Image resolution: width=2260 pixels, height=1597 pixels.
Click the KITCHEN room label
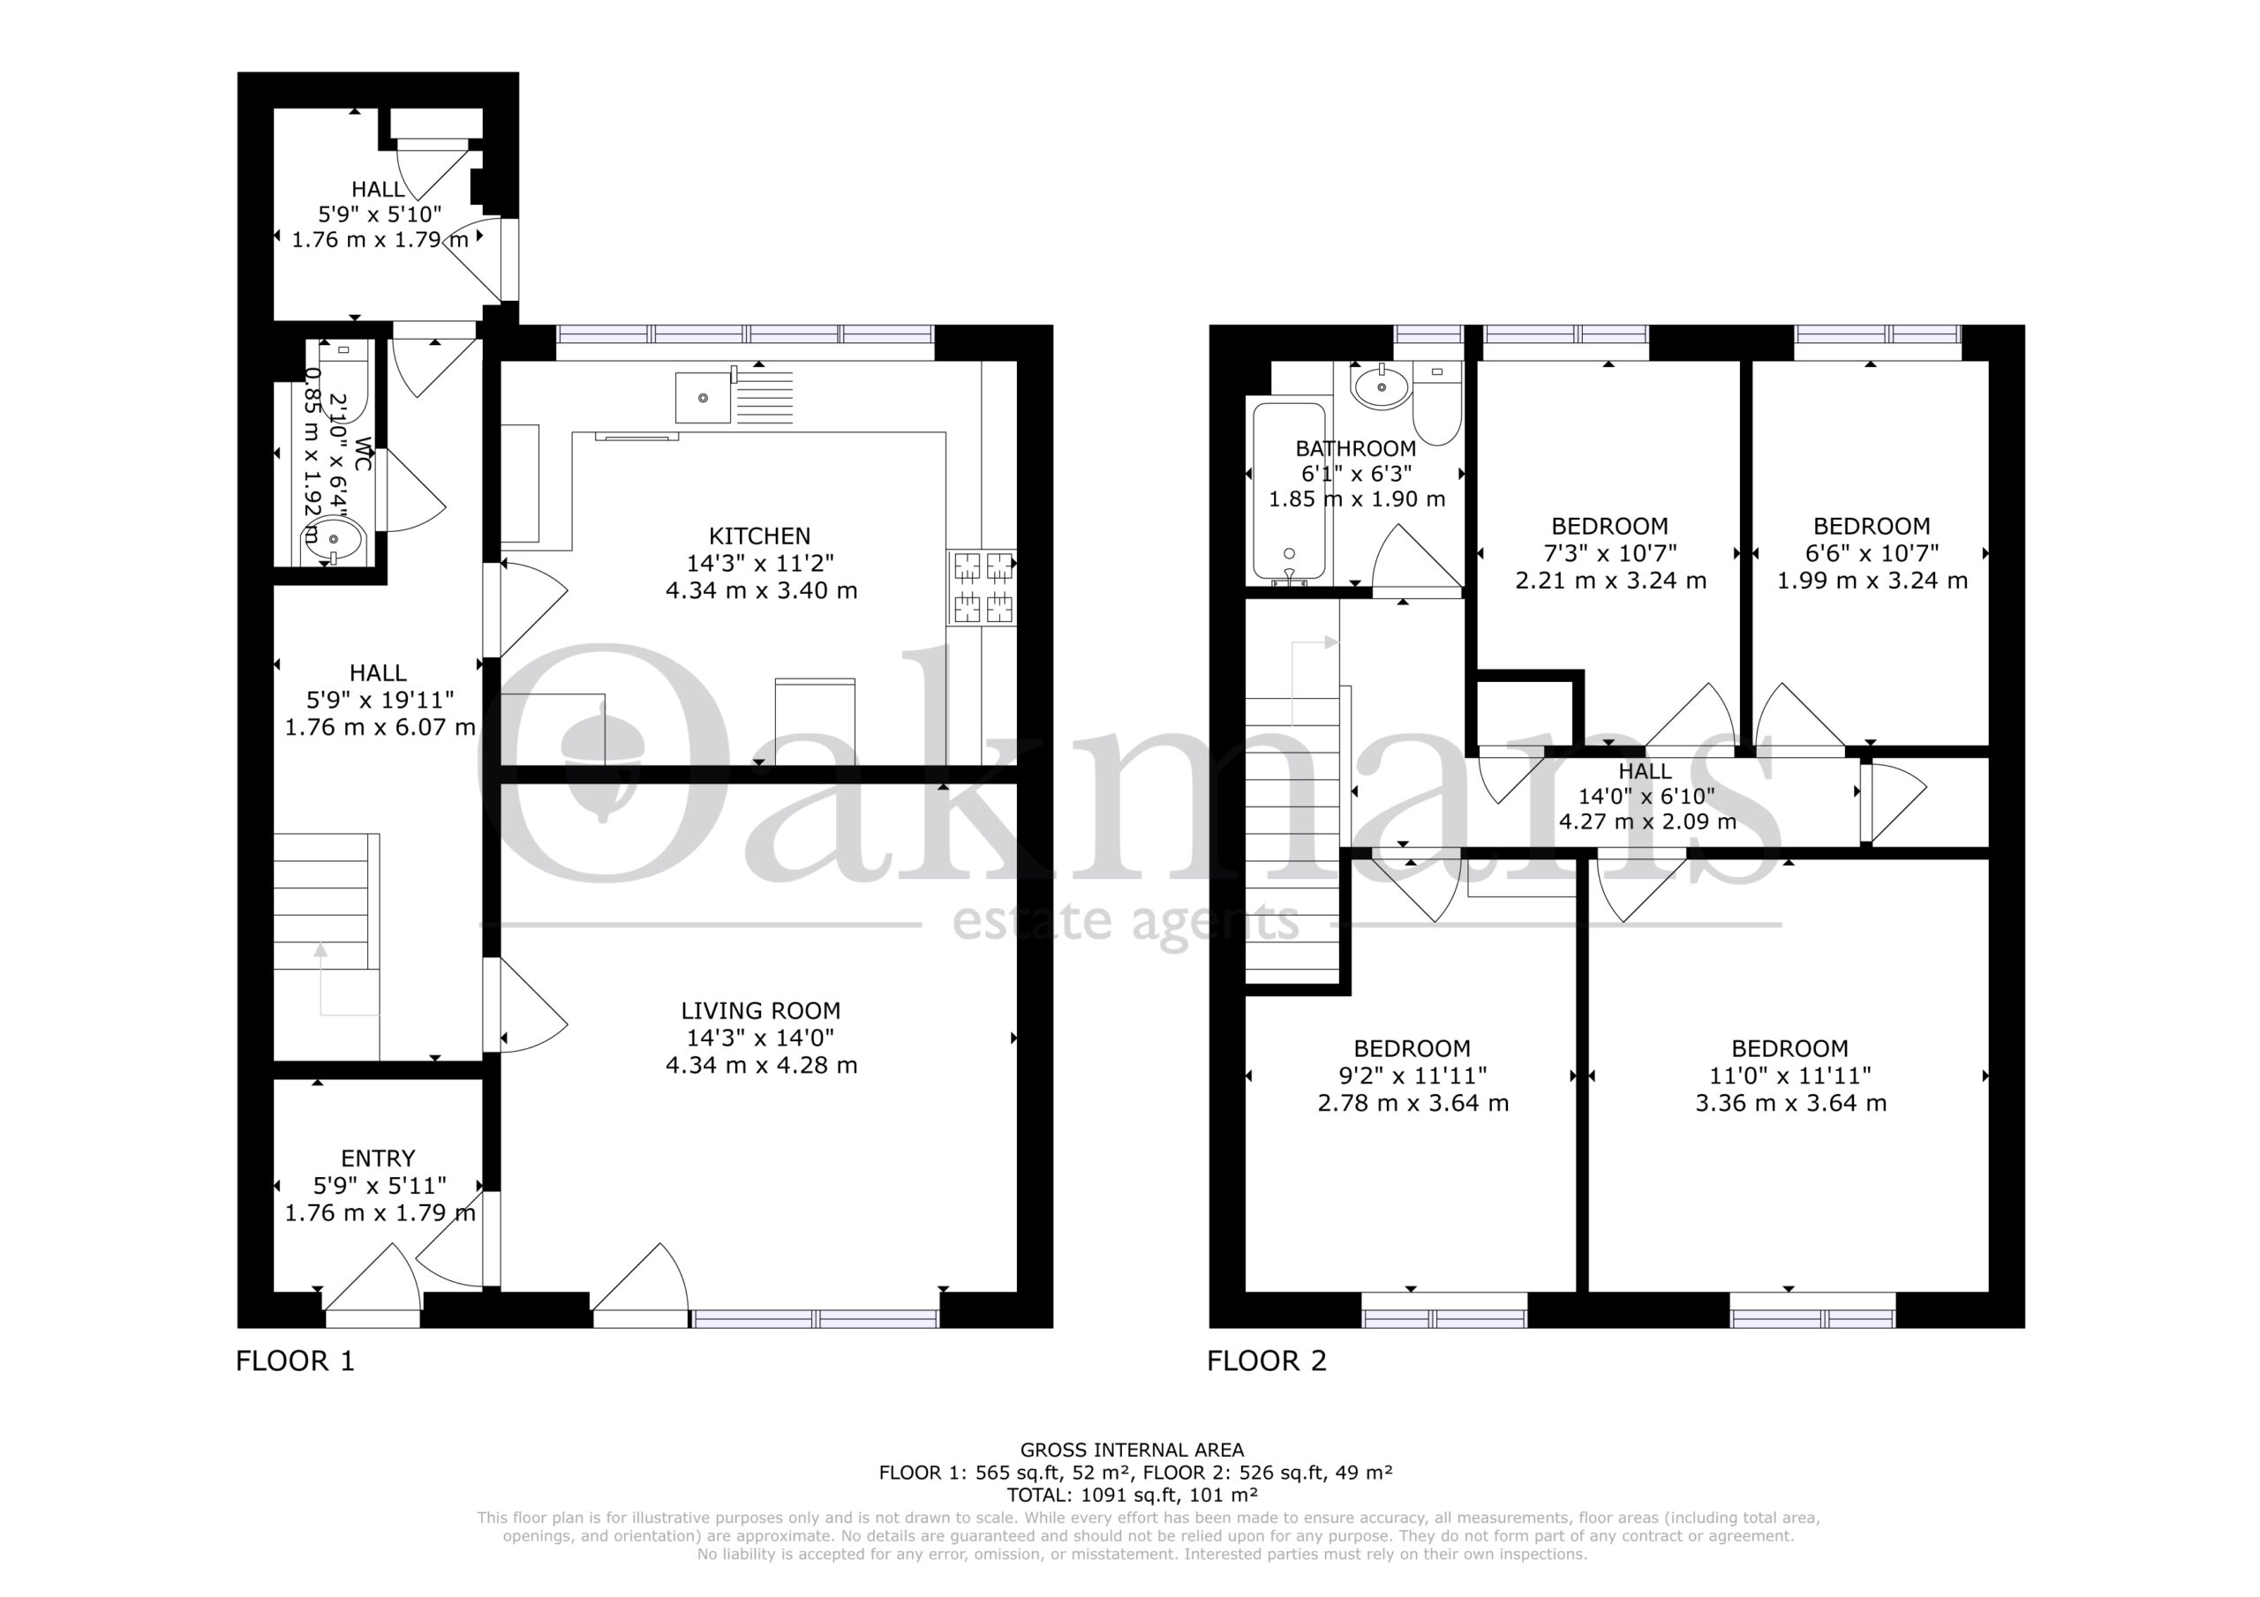[x=760, y=536]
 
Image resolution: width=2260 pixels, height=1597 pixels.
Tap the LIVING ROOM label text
[x=761, y=1010]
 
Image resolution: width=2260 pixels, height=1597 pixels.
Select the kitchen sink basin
[x=703, y=398]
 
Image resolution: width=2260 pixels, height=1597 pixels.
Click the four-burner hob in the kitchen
[x=983, y=588]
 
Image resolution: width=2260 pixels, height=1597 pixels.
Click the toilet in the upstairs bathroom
[x=1437, y=403]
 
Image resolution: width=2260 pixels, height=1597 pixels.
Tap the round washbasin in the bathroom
[x=1382, y=387]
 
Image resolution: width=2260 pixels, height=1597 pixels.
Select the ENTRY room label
[x=378, y=1158]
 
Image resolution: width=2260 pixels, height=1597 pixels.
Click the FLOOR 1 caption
[x=295, y=1361]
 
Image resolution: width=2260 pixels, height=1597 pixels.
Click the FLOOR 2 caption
[x=1267, y=1361]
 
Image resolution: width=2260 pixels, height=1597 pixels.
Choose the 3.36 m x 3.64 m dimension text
[x=1790, y=1103]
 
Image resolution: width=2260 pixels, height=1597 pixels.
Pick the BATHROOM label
[x=1355, y=449]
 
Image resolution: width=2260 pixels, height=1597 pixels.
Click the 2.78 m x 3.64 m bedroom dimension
[x=1412, y=1103]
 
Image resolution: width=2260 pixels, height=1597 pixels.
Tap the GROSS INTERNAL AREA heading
[x=1132, y=1450]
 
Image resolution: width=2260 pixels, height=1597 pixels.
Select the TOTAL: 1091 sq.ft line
[x=1132, y=1496]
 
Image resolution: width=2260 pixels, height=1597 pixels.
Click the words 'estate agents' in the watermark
[x=1126, y=923]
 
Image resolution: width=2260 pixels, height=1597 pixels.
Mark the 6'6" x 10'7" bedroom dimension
[x=1872, y=554]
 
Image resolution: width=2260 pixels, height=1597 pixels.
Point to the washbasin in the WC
[x=333, y=541]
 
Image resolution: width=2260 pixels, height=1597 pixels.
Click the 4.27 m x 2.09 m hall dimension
[x=1647, y=821]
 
